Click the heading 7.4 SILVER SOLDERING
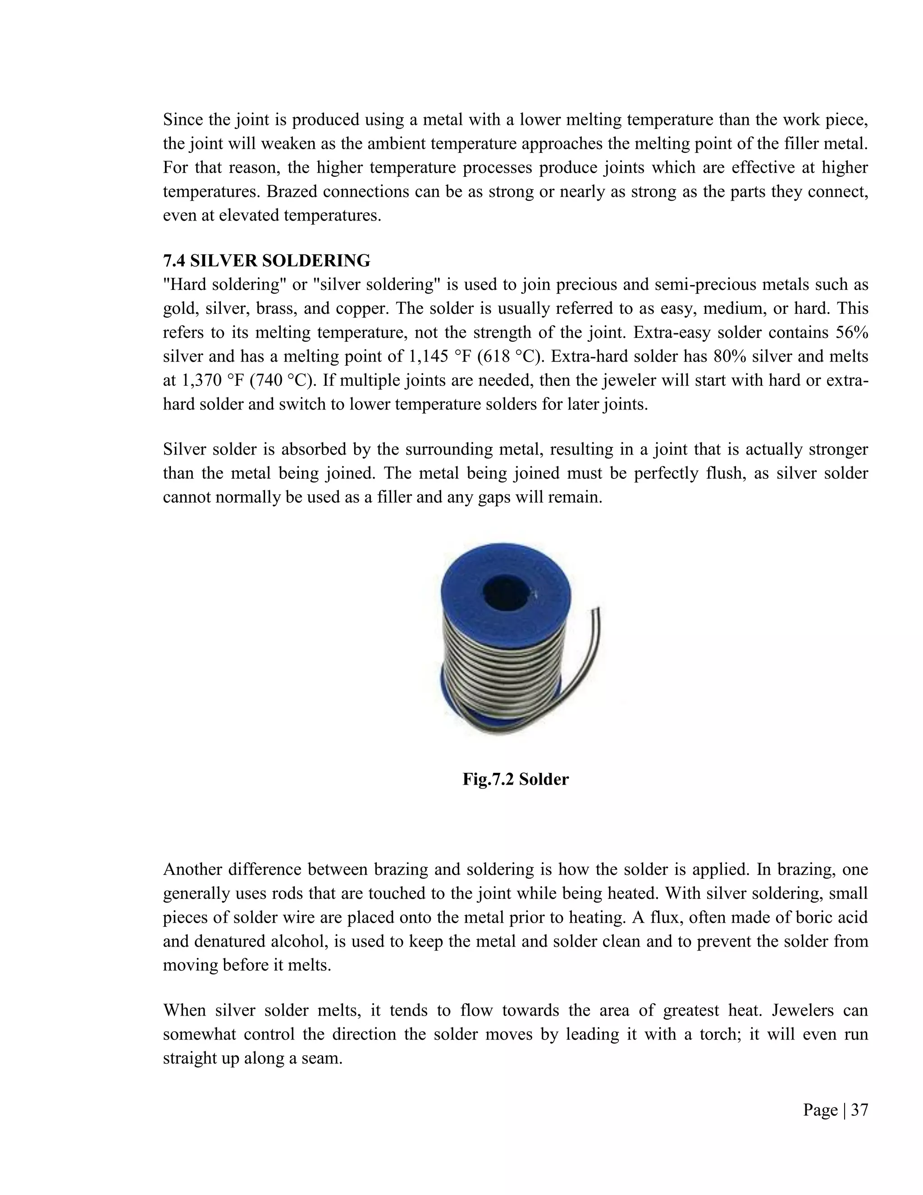click(266, 261)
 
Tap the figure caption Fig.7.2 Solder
click(515, 779)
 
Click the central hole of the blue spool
click(506, 593)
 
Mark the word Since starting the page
click(183, 119)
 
